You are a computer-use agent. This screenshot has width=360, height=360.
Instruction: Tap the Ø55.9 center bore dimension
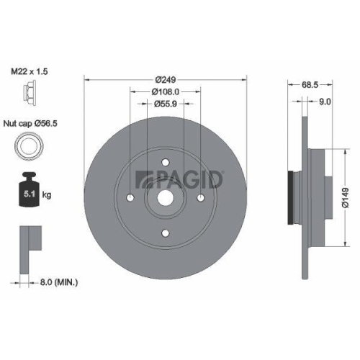166,104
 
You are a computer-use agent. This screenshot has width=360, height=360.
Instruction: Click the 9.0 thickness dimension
324,102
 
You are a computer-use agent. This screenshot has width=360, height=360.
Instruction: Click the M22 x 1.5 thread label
32,72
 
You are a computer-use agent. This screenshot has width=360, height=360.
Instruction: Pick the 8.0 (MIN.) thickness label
58,283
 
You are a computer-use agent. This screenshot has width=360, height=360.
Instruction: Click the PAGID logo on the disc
180,177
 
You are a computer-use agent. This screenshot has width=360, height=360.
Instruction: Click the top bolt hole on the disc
165,162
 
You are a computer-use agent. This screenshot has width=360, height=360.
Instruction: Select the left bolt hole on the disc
130,197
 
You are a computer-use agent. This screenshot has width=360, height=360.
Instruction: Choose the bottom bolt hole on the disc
165,232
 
